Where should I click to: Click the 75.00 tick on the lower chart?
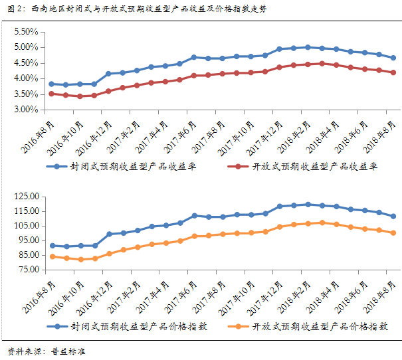tap(27, 270)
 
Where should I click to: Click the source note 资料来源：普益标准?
tap(47, 350)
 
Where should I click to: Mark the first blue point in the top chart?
tap(52, 84)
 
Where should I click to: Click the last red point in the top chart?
tap(393, 73)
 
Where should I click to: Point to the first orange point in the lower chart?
tap(52, 256)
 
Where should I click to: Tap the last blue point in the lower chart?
tap(393, 217)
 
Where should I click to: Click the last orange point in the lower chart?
tap(393, 232)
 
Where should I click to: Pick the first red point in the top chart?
tap(52, 94)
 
